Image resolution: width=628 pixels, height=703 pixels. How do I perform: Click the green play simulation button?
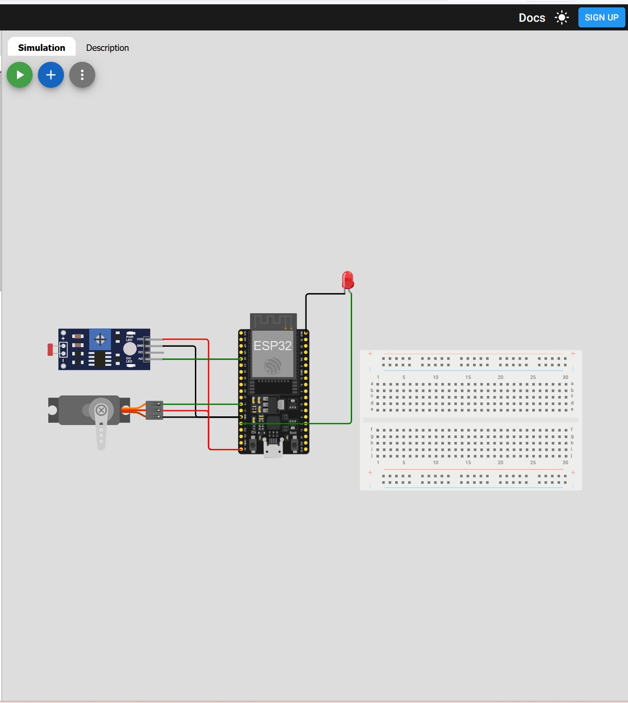20,75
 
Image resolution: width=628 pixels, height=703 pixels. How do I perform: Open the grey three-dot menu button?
82,75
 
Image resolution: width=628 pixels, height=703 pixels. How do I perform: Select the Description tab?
107,48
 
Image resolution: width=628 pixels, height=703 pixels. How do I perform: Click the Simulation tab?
42,48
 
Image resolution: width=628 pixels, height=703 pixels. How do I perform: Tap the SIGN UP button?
601,18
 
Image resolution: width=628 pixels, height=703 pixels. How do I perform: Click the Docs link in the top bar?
532,18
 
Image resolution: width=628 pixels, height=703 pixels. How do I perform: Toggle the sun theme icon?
562,18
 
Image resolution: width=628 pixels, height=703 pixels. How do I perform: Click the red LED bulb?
348,280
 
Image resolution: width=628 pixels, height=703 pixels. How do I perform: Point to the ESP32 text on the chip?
272,346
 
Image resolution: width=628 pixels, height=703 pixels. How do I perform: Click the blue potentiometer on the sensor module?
100,339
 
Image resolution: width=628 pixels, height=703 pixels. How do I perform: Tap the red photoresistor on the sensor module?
50,349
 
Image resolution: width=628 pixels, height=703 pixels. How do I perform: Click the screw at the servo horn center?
101,410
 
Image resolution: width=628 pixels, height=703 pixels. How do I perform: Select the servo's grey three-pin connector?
154,410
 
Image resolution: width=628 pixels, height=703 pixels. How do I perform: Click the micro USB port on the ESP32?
273,450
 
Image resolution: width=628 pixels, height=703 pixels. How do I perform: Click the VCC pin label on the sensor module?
140,339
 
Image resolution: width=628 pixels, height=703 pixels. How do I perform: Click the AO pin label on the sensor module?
140,359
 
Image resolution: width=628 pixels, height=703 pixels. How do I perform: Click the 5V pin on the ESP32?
241,449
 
